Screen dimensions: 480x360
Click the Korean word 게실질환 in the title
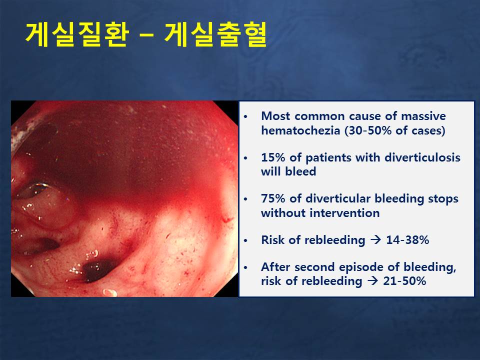[77, 34]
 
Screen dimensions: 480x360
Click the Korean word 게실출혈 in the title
[216, 34]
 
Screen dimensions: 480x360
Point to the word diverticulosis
[422, 157]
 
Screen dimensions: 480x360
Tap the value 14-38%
[407, 240]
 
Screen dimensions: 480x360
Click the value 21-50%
[404, 280]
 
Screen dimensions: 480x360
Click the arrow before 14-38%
[375, 239]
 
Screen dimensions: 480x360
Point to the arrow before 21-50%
[372, 280]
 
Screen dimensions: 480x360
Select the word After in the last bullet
[276, 267]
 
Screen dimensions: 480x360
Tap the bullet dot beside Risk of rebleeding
[245, 241]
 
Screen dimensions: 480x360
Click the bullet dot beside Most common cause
[245, 117]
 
